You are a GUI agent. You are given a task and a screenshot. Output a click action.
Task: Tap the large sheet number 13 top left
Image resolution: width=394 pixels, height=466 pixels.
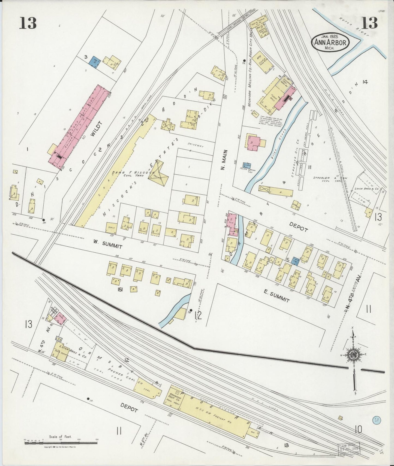pos(28,22)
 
